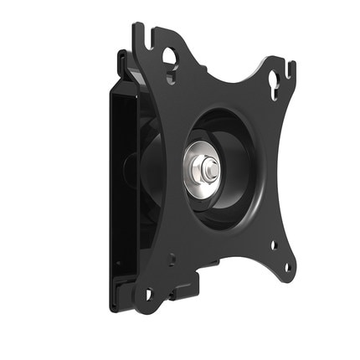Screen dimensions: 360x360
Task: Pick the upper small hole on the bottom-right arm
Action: [272, 245]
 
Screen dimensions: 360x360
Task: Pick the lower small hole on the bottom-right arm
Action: [287, 267]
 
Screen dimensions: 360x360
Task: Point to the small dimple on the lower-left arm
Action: [172, 260]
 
